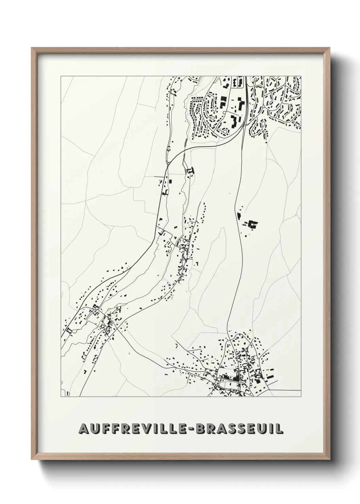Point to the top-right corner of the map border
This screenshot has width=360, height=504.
[301, 76]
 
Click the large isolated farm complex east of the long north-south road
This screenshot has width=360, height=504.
[252, 224]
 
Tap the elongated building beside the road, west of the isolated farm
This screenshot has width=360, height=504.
[238, 215]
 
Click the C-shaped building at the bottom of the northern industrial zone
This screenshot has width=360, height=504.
[234, 121]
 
